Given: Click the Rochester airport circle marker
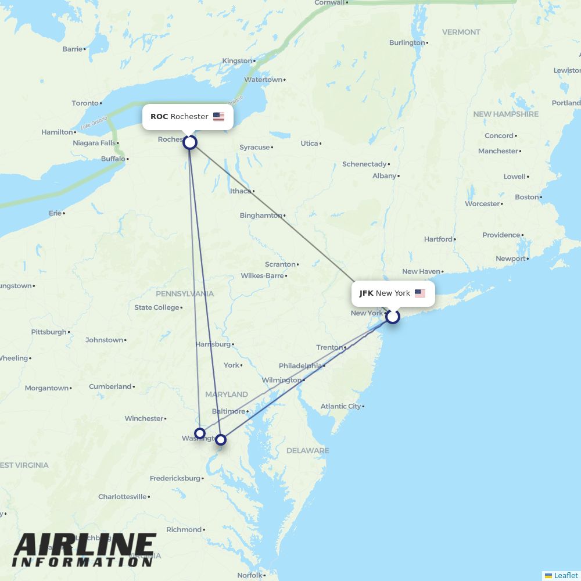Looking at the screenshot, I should coord(190,142).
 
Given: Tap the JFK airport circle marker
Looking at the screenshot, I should coord(393,317).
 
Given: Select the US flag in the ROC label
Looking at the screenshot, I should coord(218,117).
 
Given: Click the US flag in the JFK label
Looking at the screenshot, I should coord(420,293).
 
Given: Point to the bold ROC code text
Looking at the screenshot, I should coord(159,117).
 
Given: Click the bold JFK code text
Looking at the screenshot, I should coord(366,293).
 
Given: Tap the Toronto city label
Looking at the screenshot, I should coord(85,103).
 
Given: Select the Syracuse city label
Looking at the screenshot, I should coord(254,148).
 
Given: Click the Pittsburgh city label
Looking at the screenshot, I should coord(49,332).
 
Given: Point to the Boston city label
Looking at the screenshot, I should coord(526,197).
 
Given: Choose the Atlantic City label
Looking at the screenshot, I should coord(340,406).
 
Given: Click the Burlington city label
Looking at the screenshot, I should coord(407,42).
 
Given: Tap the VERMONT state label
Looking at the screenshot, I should coord(461,32).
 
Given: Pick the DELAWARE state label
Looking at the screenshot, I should coord(307,450).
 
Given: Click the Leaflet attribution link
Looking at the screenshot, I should coord(565,575).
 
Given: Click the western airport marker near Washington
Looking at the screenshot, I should coord(200,433).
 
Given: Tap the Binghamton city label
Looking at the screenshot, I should coord(260,216).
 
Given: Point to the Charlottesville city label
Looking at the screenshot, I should coord(122,497).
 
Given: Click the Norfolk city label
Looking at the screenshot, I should coord(249,575).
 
